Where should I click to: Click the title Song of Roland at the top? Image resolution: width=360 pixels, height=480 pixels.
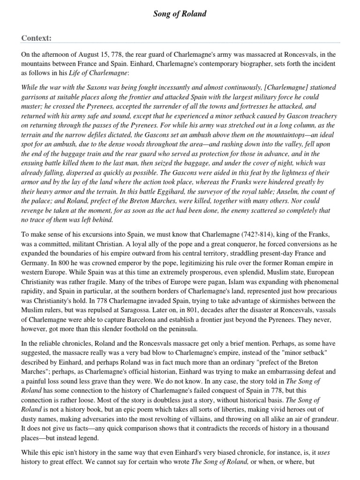point(180,14)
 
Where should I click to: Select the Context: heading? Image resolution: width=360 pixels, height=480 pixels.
point(36,37)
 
